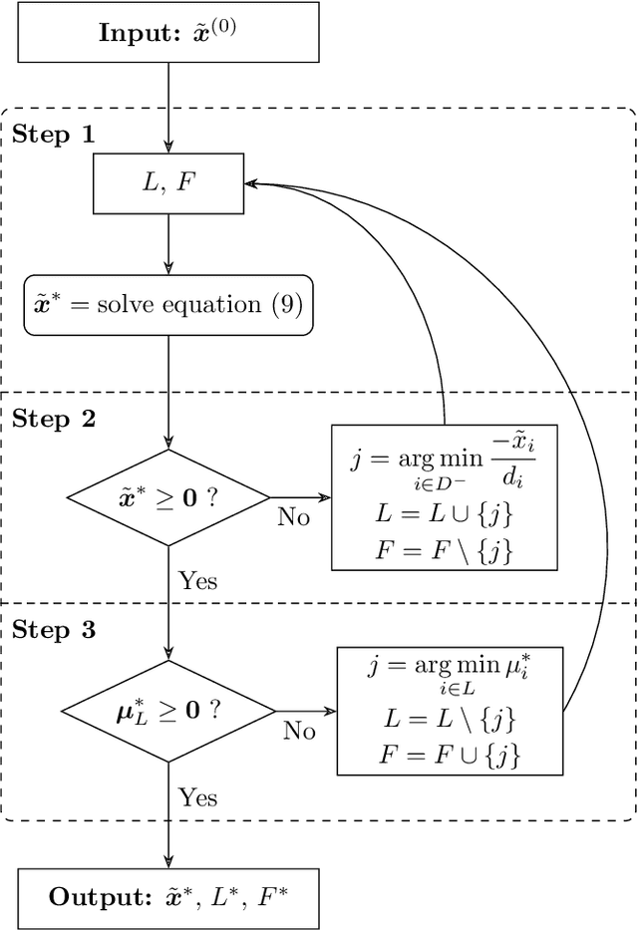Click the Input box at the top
(167, 31)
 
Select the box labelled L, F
(167, 183)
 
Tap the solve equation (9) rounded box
(167, 305)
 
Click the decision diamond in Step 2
(167, 495)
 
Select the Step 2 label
(54, 419)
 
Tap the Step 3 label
(54, 630)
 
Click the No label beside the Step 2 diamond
(293, 517)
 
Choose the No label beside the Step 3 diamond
(298, 732)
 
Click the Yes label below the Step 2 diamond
(197, 580)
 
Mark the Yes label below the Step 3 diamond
(197, 796)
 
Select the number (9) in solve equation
(287, 305)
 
